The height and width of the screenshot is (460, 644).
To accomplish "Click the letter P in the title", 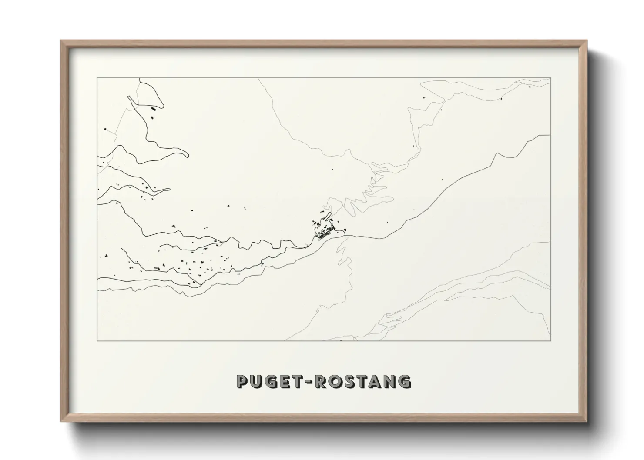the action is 243,381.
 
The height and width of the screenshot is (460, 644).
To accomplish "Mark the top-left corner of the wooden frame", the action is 60,40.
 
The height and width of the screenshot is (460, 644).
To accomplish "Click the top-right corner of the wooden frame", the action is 587,40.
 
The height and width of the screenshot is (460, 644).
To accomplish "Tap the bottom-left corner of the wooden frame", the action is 60,421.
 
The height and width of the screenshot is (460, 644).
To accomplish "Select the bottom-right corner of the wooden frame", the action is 587,421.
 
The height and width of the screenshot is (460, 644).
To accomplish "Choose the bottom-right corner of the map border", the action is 550,340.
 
